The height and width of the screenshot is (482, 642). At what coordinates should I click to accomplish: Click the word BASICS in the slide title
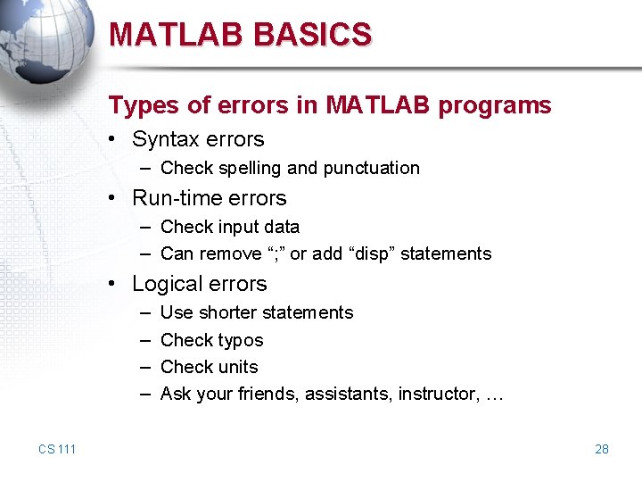click(x=312, y=35)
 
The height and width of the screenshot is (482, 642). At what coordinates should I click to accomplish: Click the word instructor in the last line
click(x=435, y=394)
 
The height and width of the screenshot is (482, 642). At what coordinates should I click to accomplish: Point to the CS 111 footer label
click(x=57, y=449)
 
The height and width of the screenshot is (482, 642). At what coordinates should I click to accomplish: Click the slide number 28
click(x=602, y=449)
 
